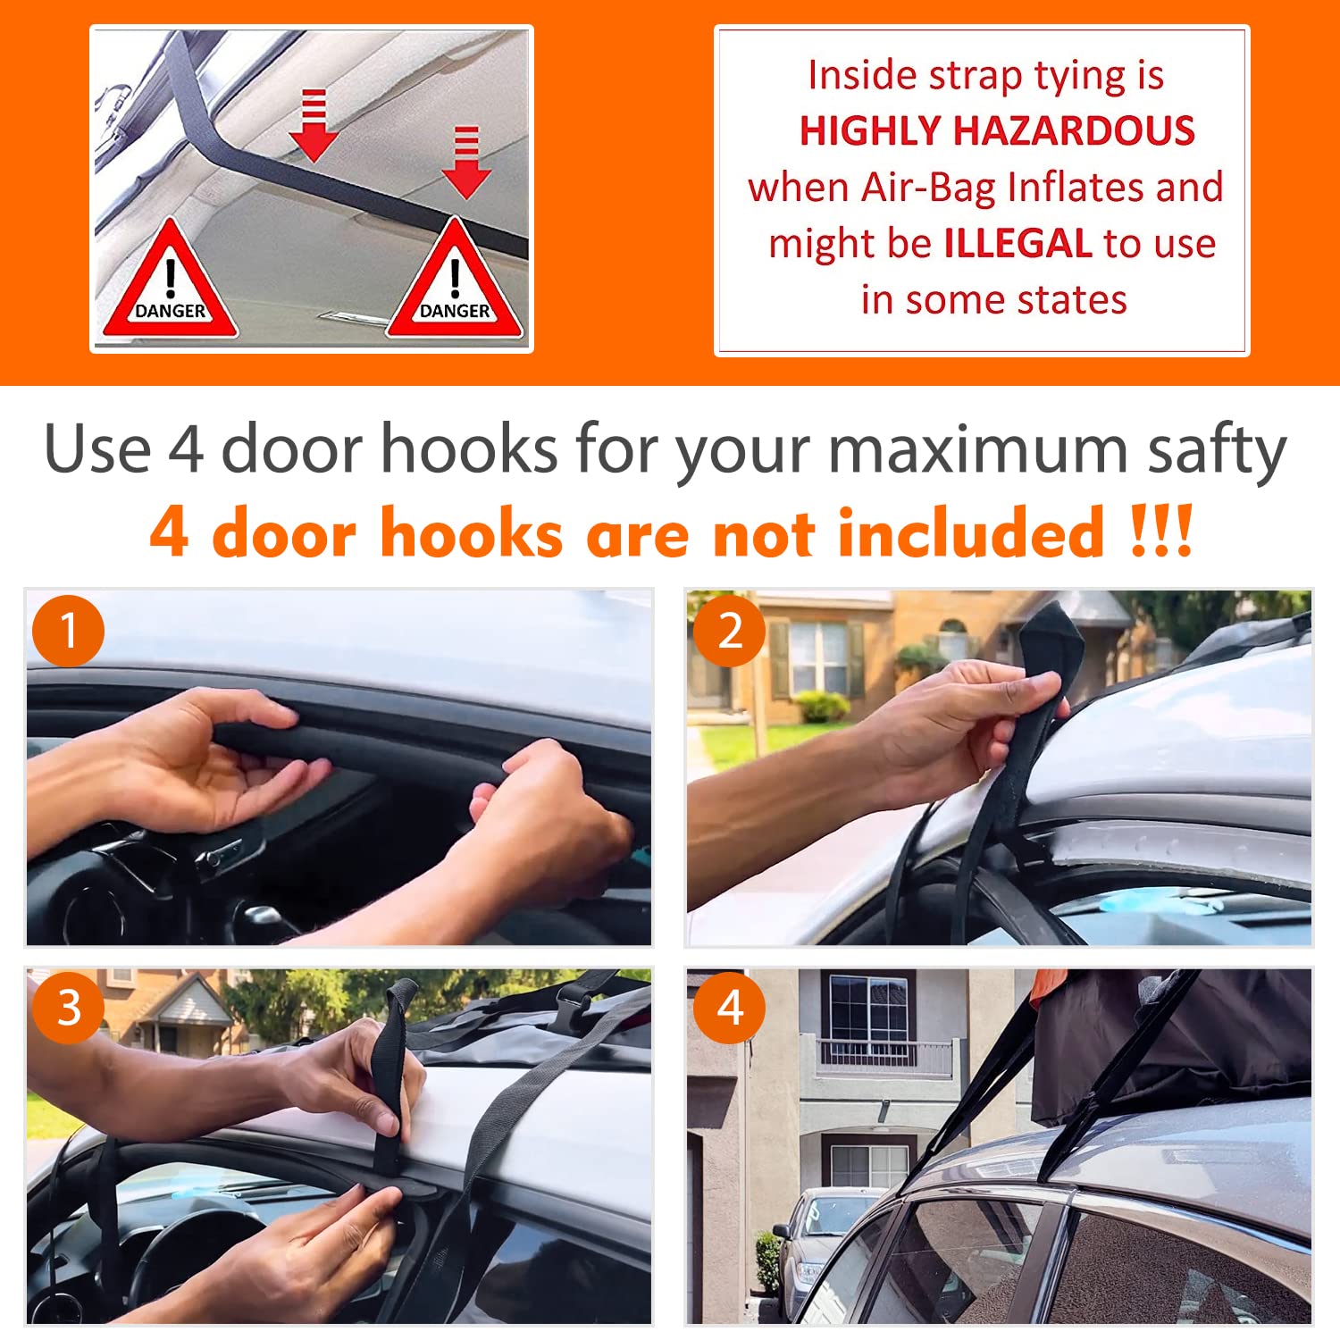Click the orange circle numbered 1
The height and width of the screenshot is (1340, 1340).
tap(68, 631)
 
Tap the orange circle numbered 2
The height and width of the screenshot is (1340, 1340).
tap(730, 631)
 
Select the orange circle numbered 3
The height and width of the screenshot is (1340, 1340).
tap(68, 1008)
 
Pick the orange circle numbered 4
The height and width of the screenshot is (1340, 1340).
tap(730, 1008)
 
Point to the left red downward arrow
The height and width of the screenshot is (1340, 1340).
tap(313, 125)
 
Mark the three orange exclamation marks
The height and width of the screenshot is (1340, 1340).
tap(1160, 533)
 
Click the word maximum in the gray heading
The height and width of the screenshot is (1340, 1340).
tap(978, 449)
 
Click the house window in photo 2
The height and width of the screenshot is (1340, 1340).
tap(817, 657)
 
